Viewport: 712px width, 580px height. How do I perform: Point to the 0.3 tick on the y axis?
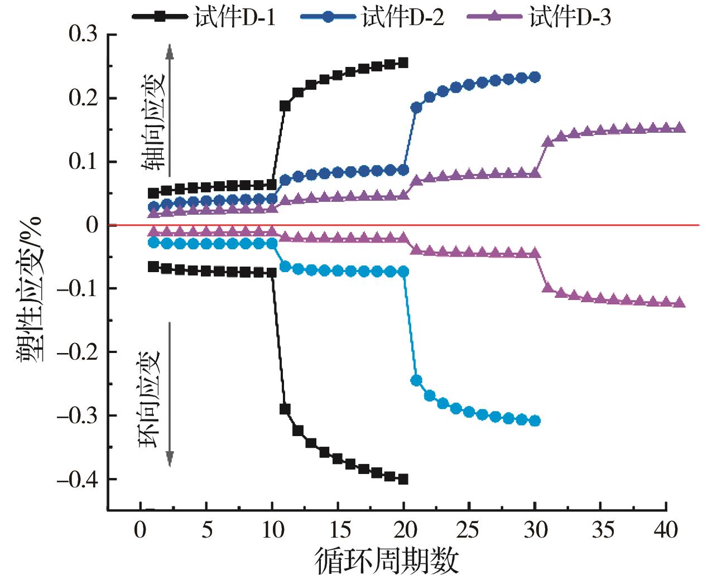83,35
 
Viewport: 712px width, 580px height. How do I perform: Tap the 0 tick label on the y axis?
92,225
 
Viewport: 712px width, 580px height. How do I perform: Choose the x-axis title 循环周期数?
387,560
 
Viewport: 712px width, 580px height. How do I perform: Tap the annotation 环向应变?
150,399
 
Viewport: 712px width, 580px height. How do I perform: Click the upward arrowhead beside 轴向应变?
170,51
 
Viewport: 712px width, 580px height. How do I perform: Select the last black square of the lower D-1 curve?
403,479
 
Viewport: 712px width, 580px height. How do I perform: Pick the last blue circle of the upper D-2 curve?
535,77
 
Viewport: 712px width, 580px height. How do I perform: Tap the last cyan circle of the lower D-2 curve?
535,420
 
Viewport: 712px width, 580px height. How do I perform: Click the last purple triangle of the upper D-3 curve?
679,128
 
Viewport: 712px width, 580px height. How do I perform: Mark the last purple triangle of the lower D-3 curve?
679,303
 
